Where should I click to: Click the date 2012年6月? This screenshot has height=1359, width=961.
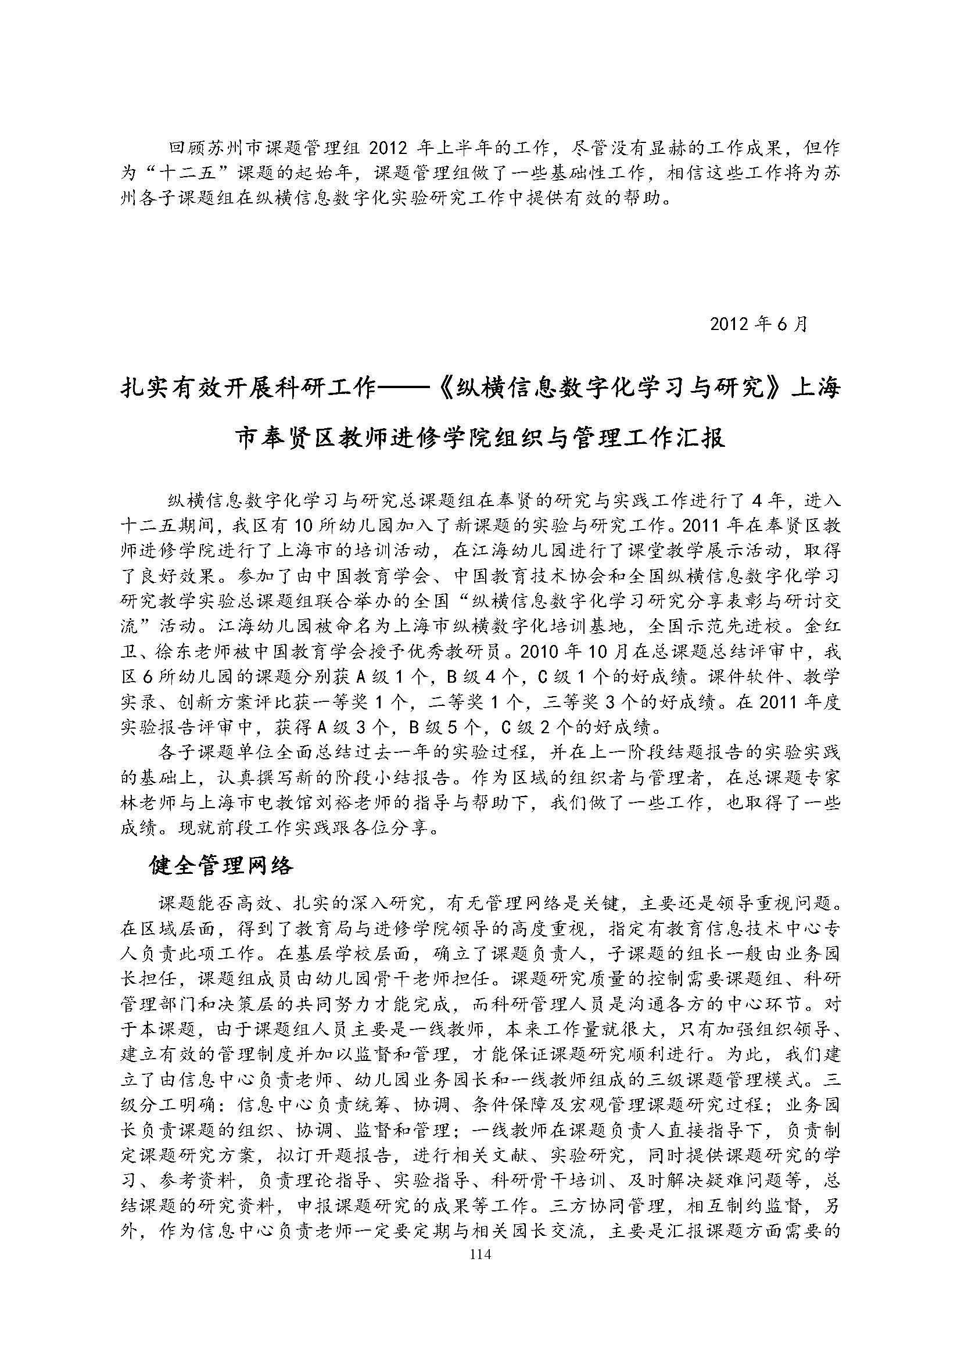[x=759, y=324]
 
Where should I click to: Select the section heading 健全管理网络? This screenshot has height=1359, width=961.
[x=221, y=866]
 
